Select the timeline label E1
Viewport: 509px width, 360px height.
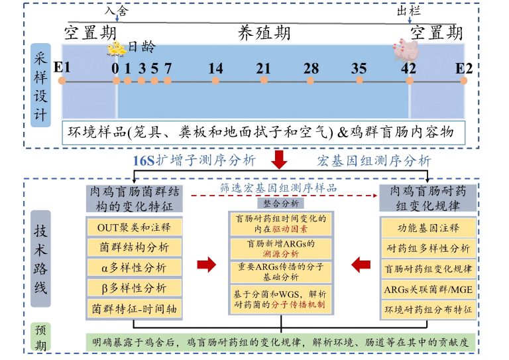[62, 68]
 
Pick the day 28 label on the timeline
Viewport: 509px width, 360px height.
[311, 68]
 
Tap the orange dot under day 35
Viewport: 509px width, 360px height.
[359, 80]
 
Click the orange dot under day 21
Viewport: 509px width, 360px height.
[263, 80]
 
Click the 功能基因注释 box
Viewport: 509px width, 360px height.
[428, 229]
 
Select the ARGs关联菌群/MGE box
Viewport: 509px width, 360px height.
[428, 289]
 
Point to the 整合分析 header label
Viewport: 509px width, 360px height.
[281, 203]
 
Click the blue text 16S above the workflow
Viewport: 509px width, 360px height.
[144, 160]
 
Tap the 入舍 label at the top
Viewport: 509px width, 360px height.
[115, 11]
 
